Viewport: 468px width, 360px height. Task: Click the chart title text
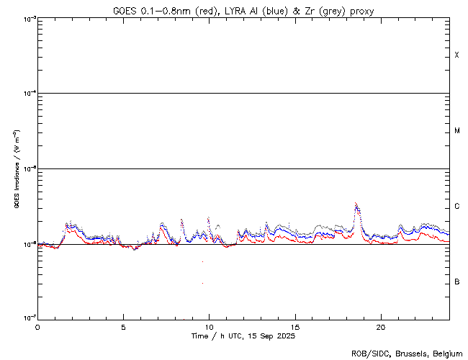point(243,11)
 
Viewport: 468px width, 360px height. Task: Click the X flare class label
point(456,55)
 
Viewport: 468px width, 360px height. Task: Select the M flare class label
point(456,131)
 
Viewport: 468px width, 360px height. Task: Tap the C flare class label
point(456,207)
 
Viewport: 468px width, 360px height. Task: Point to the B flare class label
point(456,282)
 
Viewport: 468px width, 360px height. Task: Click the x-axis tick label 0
point(37,327)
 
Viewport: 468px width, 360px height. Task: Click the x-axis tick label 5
point(123,327)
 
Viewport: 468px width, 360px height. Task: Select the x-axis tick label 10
point(209,327)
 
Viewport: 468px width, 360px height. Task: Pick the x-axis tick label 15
point(294,327)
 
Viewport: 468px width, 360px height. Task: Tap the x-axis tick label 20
point(380,327)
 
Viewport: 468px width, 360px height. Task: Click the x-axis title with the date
point(243,336)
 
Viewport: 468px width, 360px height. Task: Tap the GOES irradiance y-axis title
point(15,170)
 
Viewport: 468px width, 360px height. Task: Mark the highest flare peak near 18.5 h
point(356,204)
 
